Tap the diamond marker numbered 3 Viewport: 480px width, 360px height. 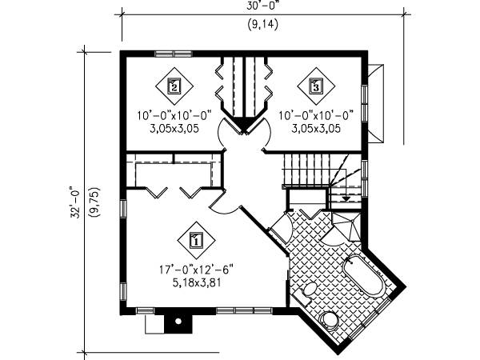click(x=315, y=83)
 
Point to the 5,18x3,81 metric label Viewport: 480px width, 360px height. click(x=197, y=282)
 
